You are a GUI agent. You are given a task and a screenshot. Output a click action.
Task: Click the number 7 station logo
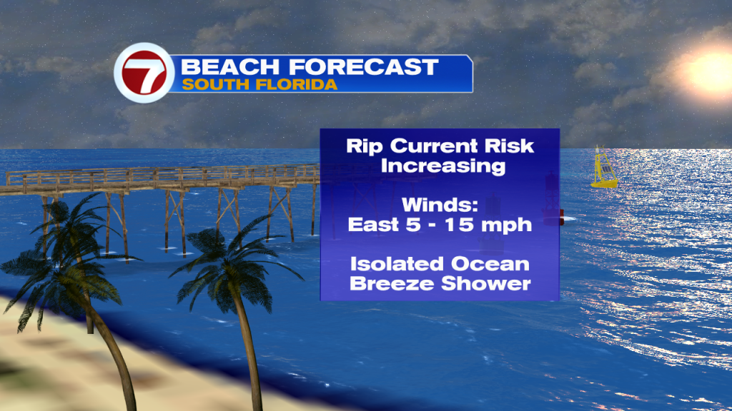point(144,73)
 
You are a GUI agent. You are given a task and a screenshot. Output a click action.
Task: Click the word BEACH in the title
point(231,66)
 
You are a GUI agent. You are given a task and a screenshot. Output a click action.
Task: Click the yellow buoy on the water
point(604,167)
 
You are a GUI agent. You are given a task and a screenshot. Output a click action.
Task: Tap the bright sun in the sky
point(711,71)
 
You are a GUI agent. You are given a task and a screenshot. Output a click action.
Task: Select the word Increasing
point(443,166)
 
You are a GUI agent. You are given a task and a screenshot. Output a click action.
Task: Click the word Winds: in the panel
point(440,205)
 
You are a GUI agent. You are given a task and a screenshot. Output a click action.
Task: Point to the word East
point(374,225)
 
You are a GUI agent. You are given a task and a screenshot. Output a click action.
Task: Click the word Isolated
point(397,264)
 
